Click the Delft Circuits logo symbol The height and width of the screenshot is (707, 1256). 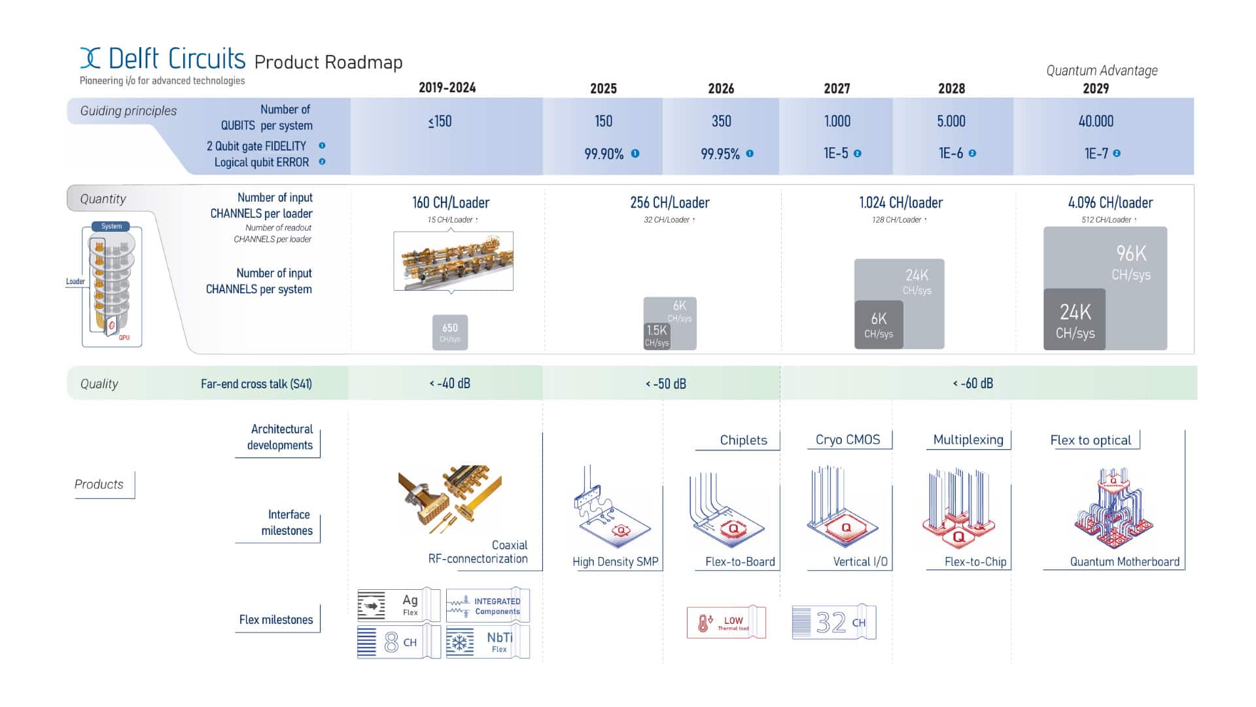90,58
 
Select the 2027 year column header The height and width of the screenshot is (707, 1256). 837,88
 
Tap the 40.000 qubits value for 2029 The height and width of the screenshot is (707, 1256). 1096,121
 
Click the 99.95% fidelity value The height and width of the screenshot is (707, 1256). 720,154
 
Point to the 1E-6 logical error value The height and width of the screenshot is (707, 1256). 951,154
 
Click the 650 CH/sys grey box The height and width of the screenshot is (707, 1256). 450,332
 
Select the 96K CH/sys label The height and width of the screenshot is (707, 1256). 1131,262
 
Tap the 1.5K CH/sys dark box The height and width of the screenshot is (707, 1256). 657,335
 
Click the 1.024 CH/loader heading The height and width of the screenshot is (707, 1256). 901,203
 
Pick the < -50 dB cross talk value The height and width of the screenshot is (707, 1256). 666,384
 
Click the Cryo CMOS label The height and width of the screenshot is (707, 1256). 848,440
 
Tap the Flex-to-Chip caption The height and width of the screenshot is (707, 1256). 975,562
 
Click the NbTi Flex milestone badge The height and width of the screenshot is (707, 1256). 487,642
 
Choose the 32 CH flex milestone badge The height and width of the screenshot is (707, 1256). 834,623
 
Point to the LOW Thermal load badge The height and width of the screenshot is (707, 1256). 725,623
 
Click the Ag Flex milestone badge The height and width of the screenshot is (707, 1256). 398,605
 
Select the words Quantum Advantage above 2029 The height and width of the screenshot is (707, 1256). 1102,71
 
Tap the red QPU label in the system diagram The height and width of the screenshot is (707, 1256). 124,338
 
